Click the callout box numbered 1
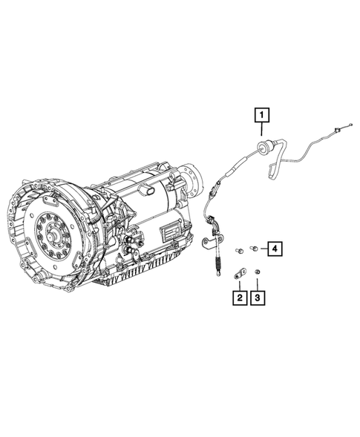click(263, 115)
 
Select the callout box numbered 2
click(239, 298)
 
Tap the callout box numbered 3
click(258, 298)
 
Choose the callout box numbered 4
click(274, 249)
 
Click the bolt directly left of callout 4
click(254, 249)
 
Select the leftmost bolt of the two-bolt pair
click(240, 250)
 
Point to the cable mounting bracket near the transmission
click(211, 241)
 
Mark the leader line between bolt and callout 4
click(262, 249)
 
